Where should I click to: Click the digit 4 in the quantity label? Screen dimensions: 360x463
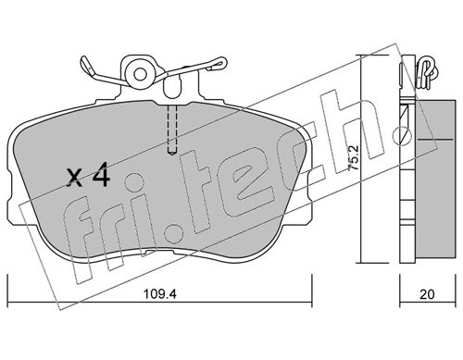tap(102, 175)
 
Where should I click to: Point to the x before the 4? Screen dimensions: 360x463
tap(76, 177)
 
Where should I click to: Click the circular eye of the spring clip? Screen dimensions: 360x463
tap(142, 71)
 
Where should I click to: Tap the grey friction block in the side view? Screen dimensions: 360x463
tap(428, 176)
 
